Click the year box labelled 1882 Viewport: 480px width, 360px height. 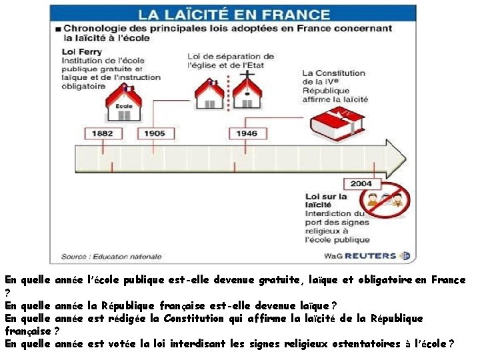[x=103, y=133]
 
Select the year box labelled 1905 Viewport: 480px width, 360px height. [x=154, y=133]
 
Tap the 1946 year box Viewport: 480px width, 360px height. [x=246, y=133]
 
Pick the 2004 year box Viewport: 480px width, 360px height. [x=362, y=184]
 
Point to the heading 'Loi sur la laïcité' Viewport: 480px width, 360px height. [x=326, y=201]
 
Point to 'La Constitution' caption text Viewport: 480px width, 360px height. [x=333, y=73]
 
